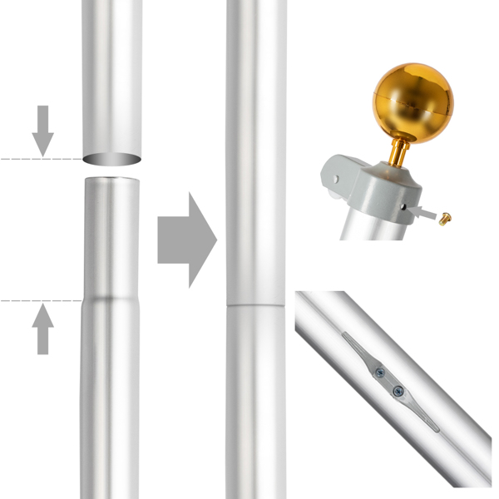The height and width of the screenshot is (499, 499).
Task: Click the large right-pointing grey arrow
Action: point(187,240)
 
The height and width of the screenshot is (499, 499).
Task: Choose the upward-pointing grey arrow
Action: point(42,328)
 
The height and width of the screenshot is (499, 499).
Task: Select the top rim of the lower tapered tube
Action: point(112,179)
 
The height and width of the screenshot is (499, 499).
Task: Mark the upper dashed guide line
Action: point(37,158)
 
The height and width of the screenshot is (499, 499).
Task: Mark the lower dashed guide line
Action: point(37,300)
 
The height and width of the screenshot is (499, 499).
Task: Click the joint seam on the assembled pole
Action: point(255,305)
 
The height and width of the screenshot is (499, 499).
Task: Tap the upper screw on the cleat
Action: point(380,373)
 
